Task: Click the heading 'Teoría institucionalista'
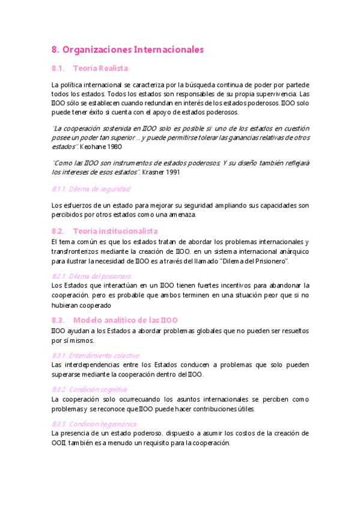(x=115, y=231)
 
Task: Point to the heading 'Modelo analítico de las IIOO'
(x=125, y=320)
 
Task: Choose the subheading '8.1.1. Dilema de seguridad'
(x=91, y=189)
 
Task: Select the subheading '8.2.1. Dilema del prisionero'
(x=91, y=275)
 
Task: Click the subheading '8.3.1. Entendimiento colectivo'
(x=96, y=355)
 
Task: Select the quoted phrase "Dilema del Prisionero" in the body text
(x=255, y=261)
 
